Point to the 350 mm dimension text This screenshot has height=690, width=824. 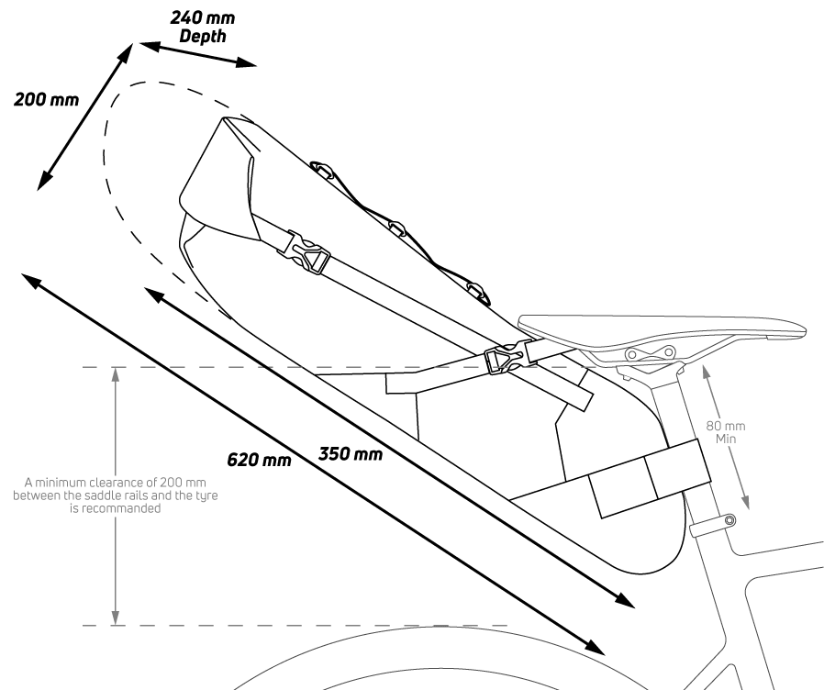coord(350,453)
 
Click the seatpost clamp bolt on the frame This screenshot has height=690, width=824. coord(729,521)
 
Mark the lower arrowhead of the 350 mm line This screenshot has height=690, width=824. coord(627,602)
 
